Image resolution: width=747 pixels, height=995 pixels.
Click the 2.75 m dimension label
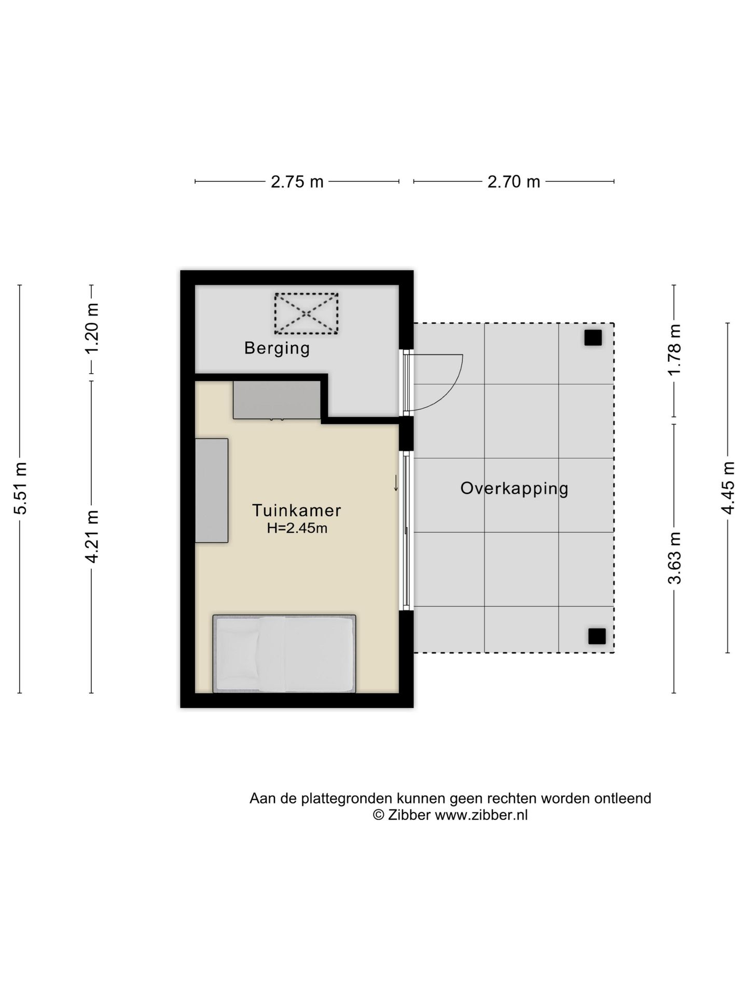click(x=297, y=182)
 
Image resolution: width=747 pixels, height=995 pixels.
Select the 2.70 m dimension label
click(x=514, y=182)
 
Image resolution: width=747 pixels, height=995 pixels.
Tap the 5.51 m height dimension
click(x=20, y=488)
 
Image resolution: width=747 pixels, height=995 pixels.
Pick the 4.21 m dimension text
click(x=92, y=536)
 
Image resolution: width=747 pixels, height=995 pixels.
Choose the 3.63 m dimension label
click(x=674, y=558)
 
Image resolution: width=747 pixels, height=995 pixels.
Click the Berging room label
click(x=277, y=348)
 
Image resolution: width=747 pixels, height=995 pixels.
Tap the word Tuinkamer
click(x=297, y=510)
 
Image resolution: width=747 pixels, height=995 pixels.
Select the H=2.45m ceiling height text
click(x=297, y=529)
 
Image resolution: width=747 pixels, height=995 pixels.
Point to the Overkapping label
click(x=514, y=489)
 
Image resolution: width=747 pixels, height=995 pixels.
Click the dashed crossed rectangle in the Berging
click(x=306, y=314)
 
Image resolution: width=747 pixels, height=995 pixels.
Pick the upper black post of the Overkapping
click(x=593, y=338)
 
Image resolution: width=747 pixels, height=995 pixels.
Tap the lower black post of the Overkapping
click(x=597, y=636)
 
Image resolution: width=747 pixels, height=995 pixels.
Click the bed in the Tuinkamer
click(x=284, y=654)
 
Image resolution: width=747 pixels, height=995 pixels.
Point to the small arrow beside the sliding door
click(x=396, y=483)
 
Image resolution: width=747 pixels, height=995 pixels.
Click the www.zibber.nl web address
click(x=481, y=815)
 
